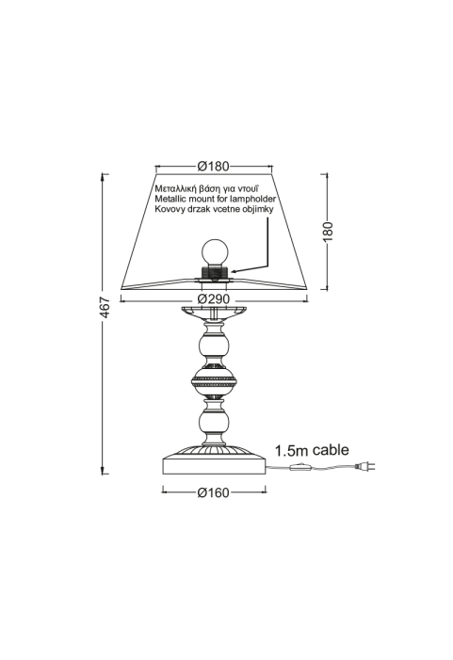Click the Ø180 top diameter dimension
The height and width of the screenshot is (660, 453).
tap(214, 167)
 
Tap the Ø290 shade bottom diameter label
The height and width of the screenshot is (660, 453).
tap(214, 299)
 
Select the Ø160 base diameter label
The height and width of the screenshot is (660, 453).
tap(214, 492)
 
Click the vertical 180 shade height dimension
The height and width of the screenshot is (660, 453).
tap(328, 231)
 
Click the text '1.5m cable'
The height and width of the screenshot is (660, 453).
tap(312, 450)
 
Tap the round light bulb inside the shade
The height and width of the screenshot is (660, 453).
tap(215, 251)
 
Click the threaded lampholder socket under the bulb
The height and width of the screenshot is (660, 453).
tap(215, 271)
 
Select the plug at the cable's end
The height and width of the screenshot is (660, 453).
tap(365, 466)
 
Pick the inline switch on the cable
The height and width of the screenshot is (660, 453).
tap(300, 466)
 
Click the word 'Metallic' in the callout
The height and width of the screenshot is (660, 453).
tap(170, 199)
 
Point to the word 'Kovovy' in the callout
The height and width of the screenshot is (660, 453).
tap(169, 209)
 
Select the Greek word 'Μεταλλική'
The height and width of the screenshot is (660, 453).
tap(175, 188)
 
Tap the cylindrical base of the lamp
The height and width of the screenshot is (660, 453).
tap(215, 466)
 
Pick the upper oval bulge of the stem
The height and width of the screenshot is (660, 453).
tap(215, 346)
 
